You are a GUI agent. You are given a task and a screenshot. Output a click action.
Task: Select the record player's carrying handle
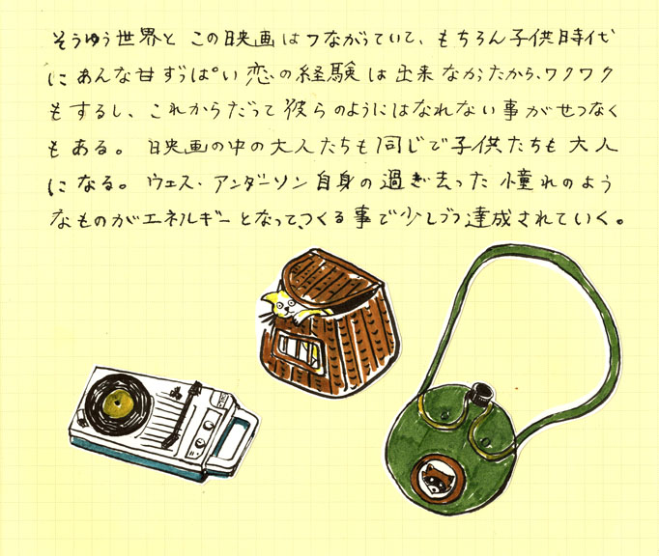(x=236, y=436)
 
